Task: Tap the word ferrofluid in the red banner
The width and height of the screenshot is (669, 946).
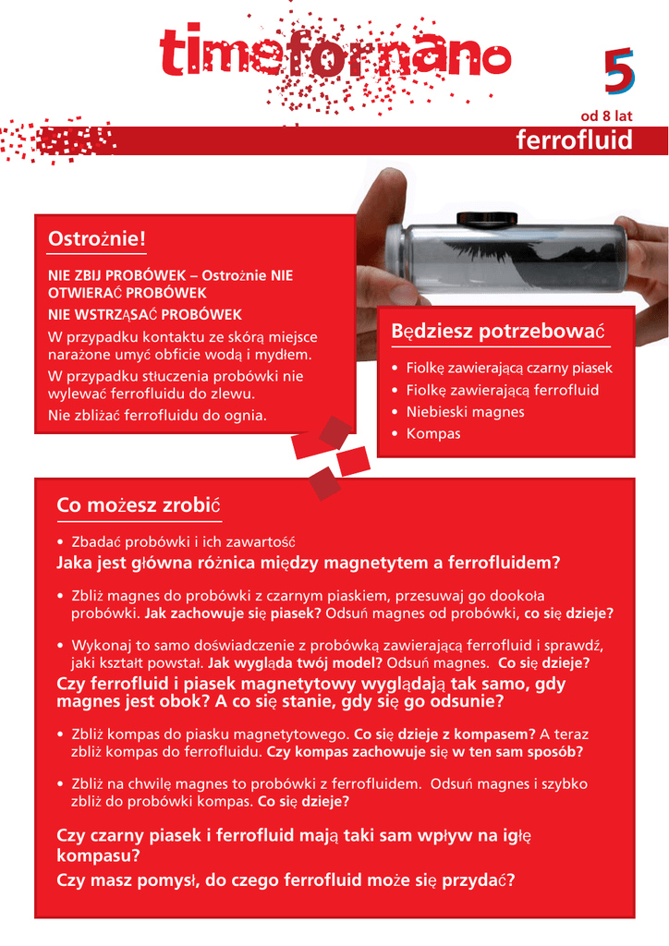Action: [574, 140]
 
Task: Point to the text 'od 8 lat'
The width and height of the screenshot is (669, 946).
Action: [605, 116]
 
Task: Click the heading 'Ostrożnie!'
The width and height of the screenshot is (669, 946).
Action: [97, 239]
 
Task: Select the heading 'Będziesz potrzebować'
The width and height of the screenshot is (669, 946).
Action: [497, 331]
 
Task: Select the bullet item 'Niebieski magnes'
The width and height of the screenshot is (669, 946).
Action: [465, 412]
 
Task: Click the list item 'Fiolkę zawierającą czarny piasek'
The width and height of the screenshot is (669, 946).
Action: [508, 368]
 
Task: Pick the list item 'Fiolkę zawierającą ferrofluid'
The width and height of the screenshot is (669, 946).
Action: [502, 390]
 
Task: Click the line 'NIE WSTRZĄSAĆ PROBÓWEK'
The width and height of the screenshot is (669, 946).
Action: [145, 314]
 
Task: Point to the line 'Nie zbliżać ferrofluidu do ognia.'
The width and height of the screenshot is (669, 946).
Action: [157, 416]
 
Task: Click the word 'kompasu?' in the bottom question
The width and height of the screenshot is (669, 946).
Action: [98, 856]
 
